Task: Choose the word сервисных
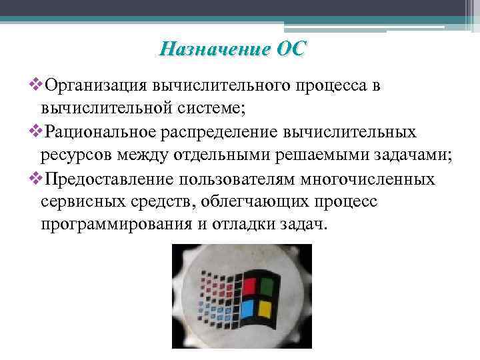78,201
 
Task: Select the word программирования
117,225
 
